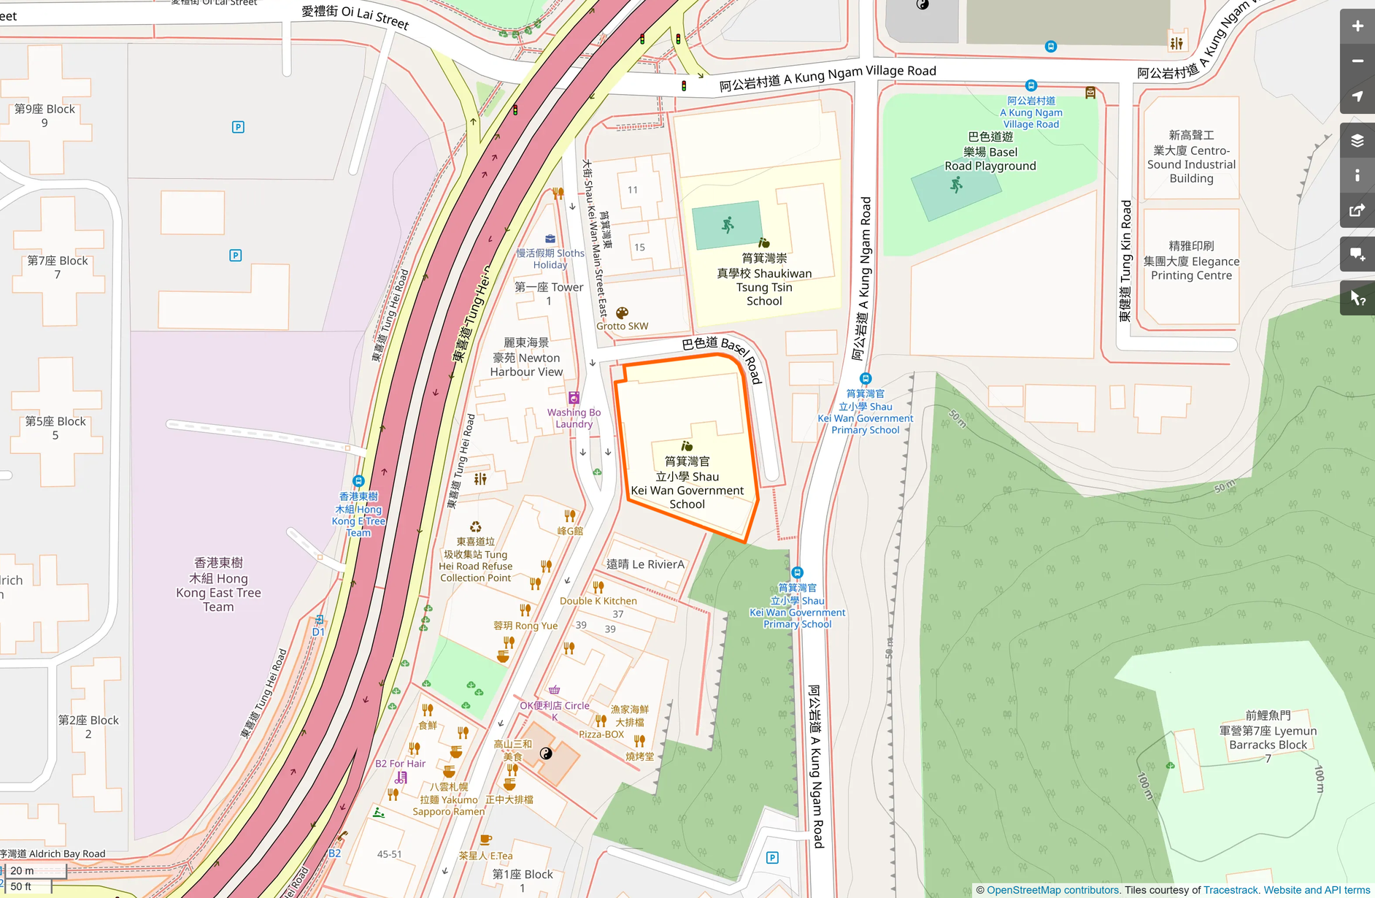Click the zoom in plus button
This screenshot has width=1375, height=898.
[x=1357, y=26]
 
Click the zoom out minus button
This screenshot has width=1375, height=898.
[x=1357, y=61]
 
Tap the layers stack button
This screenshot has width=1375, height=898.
[x=1357, y=141]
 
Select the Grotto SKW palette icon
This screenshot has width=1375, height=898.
[x=622, y=313]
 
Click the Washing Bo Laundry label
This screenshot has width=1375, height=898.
[x=574, y=418]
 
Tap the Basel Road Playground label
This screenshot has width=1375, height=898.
[x=990, y=152]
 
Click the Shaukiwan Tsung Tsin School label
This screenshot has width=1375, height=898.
[x=764, y=280]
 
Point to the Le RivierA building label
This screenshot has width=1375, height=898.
[x=645, y=564]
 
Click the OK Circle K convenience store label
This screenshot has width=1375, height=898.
[x=555, y=710]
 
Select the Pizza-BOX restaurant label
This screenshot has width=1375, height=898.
[x=601, y=734]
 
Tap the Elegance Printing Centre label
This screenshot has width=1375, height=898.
[x=1191, y=261]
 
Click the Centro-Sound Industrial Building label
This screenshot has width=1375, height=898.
[x=1191, y=157]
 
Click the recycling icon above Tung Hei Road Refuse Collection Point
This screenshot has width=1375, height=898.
[x=476, y=527]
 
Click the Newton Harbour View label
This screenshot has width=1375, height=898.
[x=526, y=358]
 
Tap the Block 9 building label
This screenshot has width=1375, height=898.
[x=45, y=115]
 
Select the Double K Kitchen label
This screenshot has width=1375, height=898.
[x=598, y=601]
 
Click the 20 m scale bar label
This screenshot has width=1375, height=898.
[x=22, y=870]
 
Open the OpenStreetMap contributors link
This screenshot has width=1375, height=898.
[x=1052, y=890]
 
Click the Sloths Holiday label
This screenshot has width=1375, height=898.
[x=550, y=258]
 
